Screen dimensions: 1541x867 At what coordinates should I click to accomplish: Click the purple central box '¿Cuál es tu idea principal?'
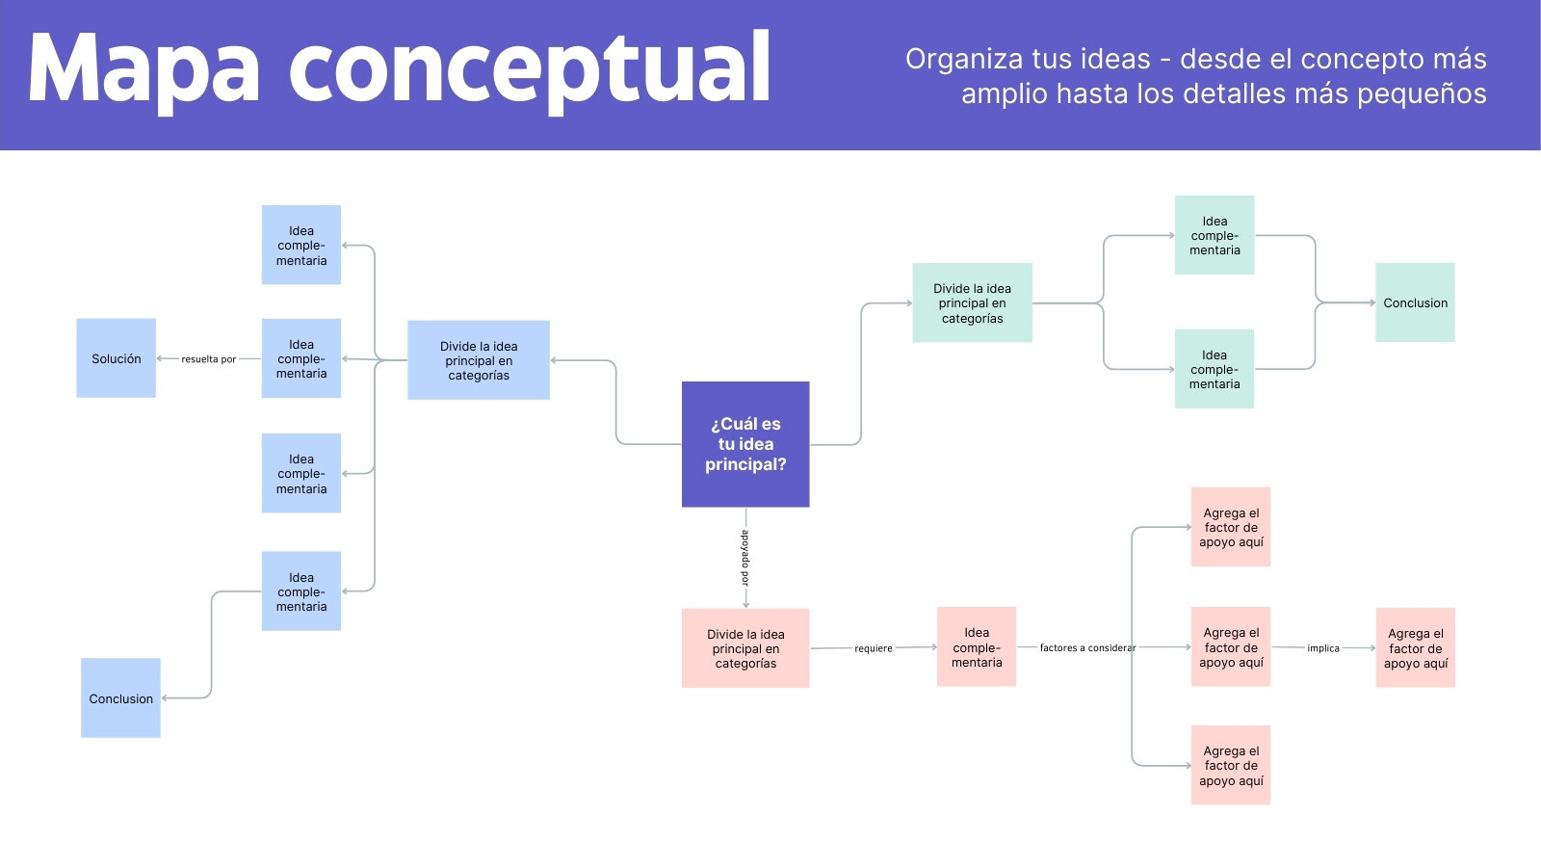tap(745, 444)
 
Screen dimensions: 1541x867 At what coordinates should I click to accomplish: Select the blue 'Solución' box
tap(116, 357)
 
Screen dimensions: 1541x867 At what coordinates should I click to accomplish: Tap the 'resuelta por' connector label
tap(208, 359)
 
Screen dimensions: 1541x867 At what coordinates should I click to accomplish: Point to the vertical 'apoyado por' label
tap(745, 558)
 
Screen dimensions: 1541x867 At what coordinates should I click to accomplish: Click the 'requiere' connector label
tap(873, 648)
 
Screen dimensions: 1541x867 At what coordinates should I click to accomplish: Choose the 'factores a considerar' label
tap(1087, 647)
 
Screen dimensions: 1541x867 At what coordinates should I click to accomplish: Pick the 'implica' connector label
tap(1323, 648)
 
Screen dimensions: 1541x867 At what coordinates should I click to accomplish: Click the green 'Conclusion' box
tap(1415, 302)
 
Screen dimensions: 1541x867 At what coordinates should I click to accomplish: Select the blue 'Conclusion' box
tap(120, 697)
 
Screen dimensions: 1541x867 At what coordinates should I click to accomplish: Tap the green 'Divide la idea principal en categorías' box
tap(972, 302)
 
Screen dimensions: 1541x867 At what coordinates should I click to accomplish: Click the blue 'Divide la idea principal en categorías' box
tap(478, 360)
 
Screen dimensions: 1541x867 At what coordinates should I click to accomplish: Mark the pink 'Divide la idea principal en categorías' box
tap(745, 648)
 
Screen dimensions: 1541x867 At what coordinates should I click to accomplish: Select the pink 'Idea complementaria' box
tap(977, 646)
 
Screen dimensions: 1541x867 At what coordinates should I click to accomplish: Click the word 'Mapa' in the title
tap(144, 68)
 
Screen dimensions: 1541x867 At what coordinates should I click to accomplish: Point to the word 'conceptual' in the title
tap(529, 68)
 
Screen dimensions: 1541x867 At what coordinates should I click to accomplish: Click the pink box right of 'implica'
tap(1415, 647)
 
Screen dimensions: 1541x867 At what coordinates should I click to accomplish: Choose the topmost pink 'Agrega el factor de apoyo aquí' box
tap(1231, 527)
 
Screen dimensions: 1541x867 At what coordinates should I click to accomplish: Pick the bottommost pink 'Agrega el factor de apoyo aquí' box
tap(1231, 765)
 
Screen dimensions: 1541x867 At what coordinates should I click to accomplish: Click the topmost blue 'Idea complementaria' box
tap(300, 245)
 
